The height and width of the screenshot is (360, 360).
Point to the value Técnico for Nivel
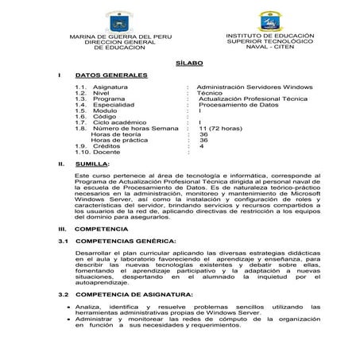[211, 92]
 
